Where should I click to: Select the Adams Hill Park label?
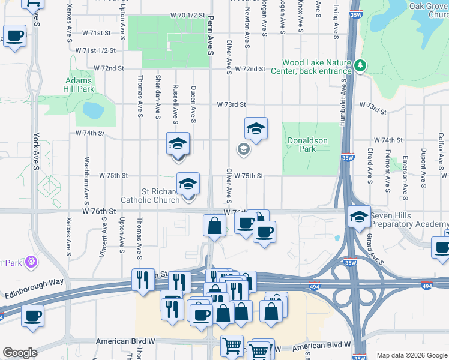pos(79,85)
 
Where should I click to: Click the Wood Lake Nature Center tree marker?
pos(360,65)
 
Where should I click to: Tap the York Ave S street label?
pos(36,149)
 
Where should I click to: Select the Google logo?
pos(20,352)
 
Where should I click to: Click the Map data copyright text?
pos(411,355)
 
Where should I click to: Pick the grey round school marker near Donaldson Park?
pos(243,149)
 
